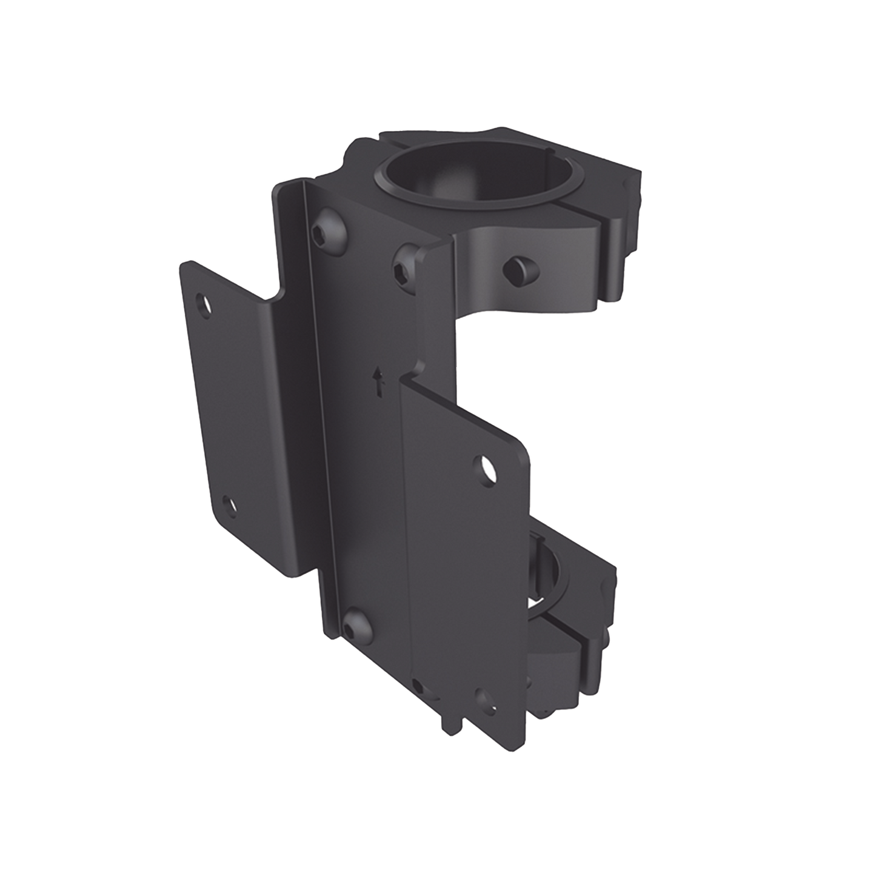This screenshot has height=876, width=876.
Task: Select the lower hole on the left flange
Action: click(229, 504)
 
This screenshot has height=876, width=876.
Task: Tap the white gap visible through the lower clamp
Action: click(537, 601)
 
